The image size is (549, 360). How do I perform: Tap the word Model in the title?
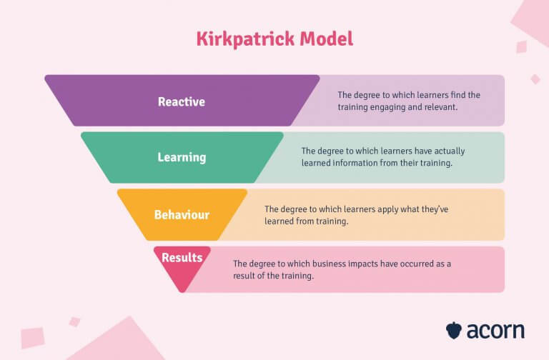click(x=326, y=39)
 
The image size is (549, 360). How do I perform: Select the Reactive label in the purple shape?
click(x=182, y=102)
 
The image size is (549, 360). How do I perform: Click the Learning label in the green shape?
click(x=182, y=157)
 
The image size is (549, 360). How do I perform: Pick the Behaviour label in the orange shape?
click(x=182, y=214)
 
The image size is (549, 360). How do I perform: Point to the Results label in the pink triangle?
click(x=182, y=257)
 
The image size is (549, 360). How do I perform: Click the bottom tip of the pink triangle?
click(x=182, y=291)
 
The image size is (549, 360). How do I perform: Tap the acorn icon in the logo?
click(x=454, y=330)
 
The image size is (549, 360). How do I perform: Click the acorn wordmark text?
click(x=495, y=331)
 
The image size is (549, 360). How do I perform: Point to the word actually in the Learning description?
click(x=449, y=151)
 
